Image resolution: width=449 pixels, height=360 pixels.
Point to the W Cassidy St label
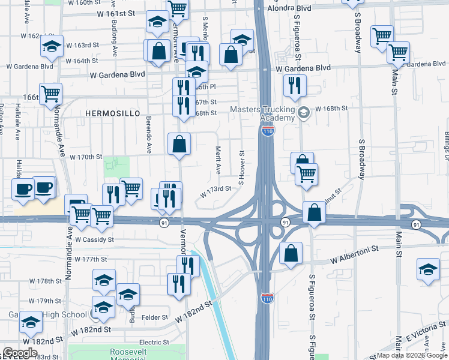click(94, 240)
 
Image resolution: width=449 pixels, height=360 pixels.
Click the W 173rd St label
click(215, 188)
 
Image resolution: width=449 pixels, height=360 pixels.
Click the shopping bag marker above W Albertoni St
click(291, 253)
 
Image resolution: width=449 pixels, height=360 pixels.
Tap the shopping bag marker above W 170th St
click(179, 144)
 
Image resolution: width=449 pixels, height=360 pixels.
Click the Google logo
click(20, 353)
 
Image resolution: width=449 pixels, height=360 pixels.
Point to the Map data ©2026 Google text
click(412, 355)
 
